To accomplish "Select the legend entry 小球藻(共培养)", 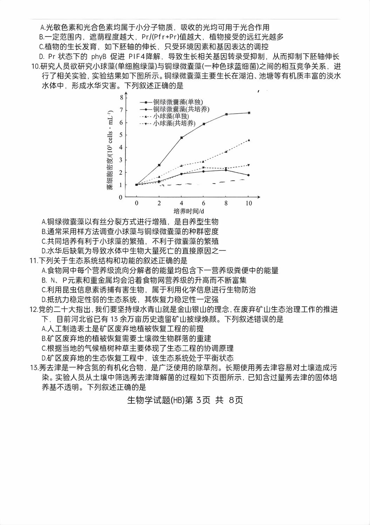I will [174, 123].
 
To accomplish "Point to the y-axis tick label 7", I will [121, 110].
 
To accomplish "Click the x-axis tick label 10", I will [248, 203].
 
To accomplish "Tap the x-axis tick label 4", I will [181, 203].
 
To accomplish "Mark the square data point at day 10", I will [249, 113].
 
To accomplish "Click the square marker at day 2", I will [159, 165].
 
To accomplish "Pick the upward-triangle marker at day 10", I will [249, 140].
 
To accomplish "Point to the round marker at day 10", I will [249, 175].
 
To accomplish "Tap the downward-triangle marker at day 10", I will [249, 165].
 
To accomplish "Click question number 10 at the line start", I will [35, 67].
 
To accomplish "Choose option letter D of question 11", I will [44, 300].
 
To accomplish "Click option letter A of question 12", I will [44, 329].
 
